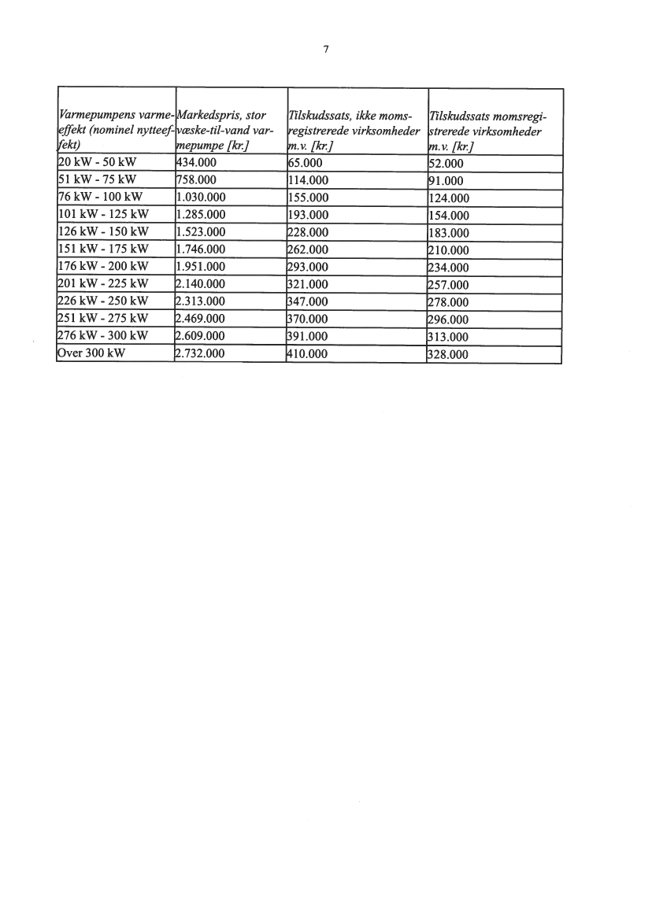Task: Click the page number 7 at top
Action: pos(325,49)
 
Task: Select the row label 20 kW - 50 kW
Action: pos(98,164)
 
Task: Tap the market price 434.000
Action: pos(200,164)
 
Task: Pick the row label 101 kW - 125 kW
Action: pos(104,214)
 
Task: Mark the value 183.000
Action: pos(447,233)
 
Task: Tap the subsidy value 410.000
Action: pos(313,353)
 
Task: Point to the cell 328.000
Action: pos(447,354)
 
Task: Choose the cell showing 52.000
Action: pos(444,164)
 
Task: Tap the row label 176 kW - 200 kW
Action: pos(104,266)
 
